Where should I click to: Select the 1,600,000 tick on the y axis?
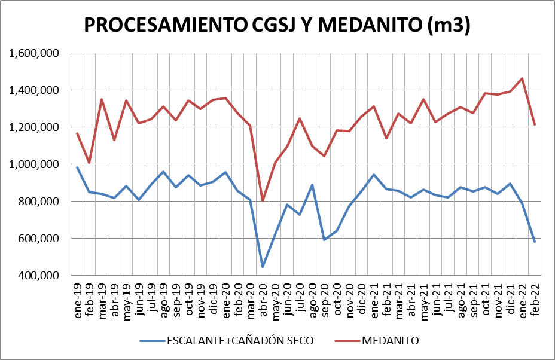35,53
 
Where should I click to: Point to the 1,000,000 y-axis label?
35,164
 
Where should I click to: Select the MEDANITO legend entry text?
390,341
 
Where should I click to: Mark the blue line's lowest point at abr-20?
263,267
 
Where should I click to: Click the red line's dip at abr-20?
263,201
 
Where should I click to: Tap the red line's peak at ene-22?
522,78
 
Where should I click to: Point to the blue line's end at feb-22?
535,242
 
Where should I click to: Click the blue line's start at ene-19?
77,167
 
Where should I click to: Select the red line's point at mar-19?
102,99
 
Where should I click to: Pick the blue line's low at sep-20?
324,240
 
